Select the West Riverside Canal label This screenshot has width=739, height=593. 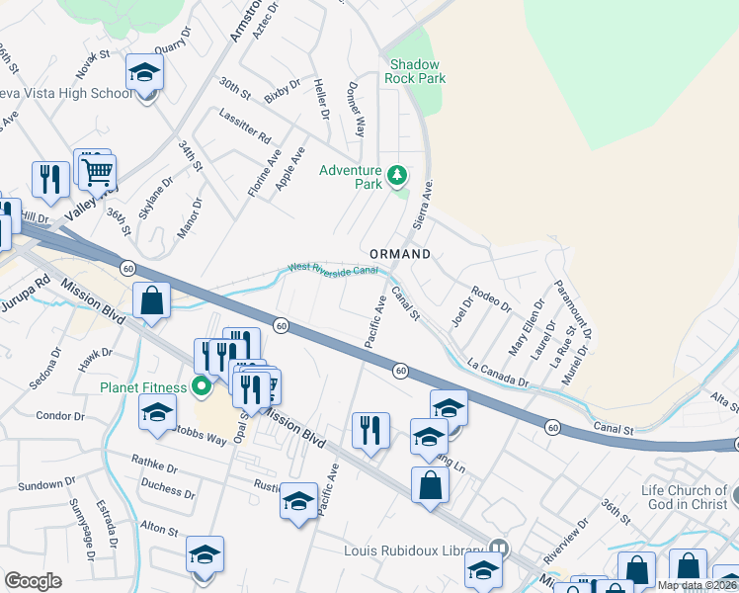click(333, 269)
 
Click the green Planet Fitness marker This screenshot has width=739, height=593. click(204, 385)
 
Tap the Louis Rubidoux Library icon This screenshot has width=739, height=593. click(500, 549)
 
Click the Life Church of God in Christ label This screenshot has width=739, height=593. click(684, 497)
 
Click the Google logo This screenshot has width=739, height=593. click(34, 580)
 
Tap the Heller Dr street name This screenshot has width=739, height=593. click(321, 100)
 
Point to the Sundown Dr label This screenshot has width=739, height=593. click(41, 485)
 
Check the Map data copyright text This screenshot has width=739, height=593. click(698, 586)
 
